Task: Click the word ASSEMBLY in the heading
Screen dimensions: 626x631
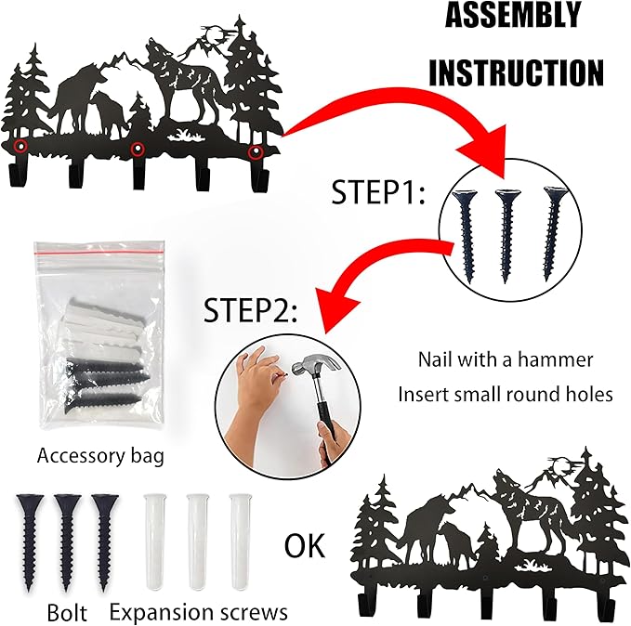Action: point(512,16)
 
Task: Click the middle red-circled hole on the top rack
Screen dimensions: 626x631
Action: point(138,149)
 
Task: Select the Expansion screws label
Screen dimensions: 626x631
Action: point(198,613)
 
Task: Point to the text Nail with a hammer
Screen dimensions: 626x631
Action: point(506,359)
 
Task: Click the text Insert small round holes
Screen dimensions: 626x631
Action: point(506,394)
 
